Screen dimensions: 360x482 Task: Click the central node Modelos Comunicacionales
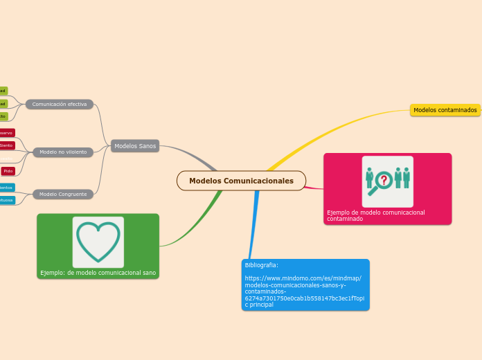[241, 181]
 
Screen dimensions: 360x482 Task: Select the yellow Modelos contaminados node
[445, 110]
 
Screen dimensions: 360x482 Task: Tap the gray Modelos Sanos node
[135, 146]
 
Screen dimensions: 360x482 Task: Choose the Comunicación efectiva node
[60, 104]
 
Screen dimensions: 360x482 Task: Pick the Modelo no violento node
[63, 152]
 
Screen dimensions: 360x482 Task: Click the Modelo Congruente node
[63, 194]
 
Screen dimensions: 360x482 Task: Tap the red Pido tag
[8, 170]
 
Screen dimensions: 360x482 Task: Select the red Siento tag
[6, 145]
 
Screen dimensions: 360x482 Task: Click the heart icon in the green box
[98, 241]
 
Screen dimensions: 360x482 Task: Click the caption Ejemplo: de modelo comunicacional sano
[98, 273]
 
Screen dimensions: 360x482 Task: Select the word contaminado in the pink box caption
[345, 219]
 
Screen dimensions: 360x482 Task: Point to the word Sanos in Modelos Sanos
[146, 146]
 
